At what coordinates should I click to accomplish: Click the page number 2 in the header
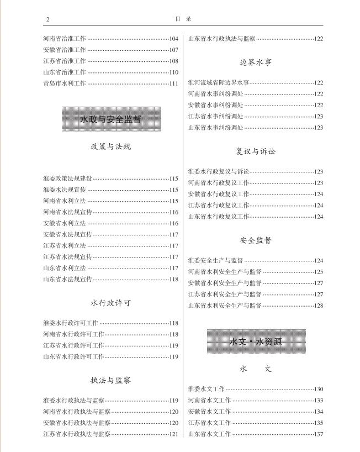click(48, 19)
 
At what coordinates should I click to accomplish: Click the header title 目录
click(182, 19)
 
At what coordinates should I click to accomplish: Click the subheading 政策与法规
click(110, 148)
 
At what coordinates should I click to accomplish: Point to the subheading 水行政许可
click(110, 303)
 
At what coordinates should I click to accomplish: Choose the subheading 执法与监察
click(110, 381)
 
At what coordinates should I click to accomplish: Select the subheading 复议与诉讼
click(256, 151)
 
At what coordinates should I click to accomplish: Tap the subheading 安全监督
click(256, 240)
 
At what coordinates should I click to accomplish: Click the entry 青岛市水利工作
click(64, 83)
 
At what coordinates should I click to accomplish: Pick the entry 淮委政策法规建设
click(67, 179)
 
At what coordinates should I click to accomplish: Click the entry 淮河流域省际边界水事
click(218, 82)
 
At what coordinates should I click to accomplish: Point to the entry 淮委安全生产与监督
click(215, 261)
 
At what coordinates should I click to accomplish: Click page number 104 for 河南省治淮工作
click(173, 39)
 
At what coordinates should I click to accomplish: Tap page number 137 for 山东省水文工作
click(318, 434)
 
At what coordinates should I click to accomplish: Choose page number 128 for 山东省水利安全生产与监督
click(318, 306)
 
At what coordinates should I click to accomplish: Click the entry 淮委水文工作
click(206, 389)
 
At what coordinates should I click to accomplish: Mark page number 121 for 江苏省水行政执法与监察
click(173, 434)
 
